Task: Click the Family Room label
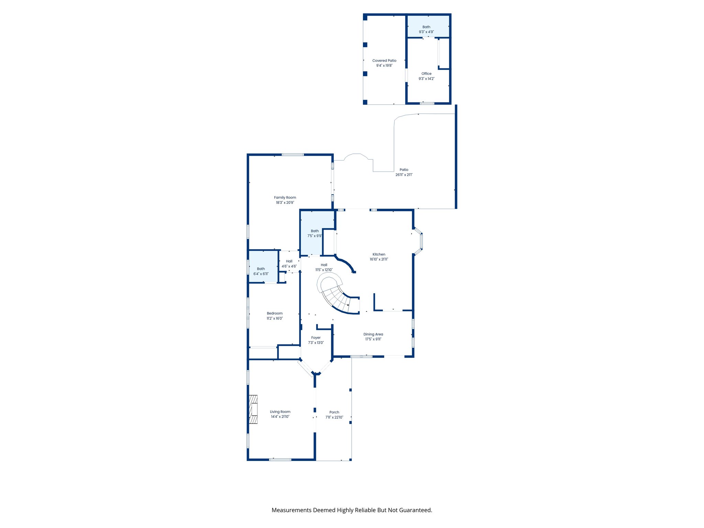click(x=285, y=198)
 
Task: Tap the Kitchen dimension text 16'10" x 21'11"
click(x=379, y=260)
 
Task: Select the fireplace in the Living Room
click(x=253, y=409)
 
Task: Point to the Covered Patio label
click(x=384, y=60)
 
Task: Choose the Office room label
click(x=426, y=74)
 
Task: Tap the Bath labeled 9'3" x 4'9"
click(x=426, y=29)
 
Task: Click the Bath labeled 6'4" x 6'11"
click(x=261, y=271)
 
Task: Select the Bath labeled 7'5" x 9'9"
click(x=315, y=233)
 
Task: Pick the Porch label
click(x=334, y=412)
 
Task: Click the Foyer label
click(x=316, y=338)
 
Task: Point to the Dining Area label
click(x=373, y=334)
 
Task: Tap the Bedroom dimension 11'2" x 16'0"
click(x=275, y=319)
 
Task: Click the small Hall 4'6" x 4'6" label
click(x=289, y=264)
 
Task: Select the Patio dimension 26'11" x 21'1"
click(x=404, y=175)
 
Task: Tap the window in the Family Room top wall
click(x=293, y=155)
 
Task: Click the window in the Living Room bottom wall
click(x=280, y=460)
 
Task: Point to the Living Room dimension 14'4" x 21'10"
click(x=280, y=417)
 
